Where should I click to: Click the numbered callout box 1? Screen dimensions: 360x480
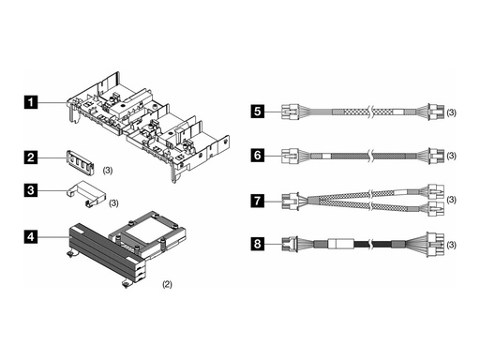(32, 98)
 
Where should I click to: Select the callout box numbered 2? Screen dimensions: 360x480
(32, 157)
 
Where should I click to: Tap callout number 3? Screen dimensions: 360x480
(32, 190)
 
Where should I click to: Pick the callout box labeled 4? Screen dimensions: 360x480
(32, 237)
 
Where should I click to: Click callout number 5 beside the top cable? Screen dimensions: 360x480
(258, 111)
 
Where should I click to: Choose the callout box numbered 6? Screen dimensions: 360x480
(258, 156)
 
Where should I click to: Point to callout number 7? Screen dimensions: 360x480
(258, 200)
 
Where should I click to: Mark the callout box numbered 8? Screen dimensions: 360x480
(258, 245)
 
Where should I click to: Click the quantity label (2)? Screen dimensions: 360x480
(168, 282)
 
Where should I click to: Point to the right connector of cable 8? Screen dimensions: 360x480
(435, 245)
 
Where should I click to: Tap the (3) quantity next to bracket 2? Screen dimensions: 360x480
(109, 171)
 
